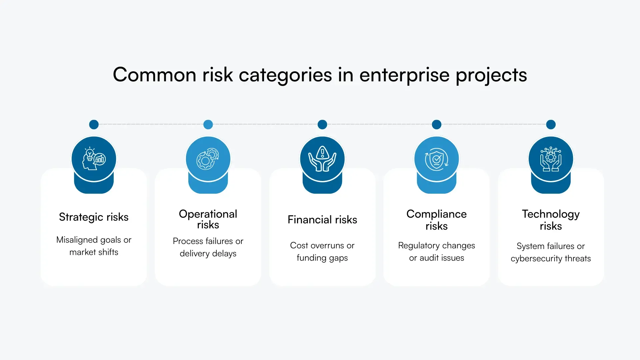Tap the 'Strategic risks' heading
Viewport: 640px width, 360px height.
[x=94, y=217]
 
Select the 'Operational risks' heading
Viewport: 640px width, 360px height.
[x=208, y=219]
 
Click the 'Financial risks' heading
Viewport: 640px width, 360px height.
[x=322, y=220]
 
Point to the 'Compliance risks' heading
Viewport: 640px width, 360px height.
[x=436, y=220]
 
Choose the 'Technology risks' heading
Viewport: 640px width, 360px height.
[x=551, y=220]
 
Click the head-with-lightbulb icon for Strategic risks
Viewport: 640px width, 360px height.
[x=94, y=159]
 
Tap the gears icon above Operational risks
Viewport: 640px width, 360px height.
[x=208, y=159]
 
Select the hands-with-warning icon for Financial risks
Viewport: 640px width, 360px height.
[x=322, y=159]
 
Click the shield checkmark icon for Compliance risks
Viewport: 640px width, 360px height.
[x=436, y=159]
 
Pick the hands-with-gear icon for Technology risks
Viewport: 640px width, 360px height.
[x=551, y=159]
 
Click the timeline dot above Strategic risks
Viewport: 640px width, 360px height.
[x=94, y=125]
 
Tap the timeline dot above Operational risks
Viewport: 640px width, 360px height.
[x=208, y=125]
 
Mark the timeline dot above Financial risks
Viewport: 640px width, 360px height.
[x=322, y=125]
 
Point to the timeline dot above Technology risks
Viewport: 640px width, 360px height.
[x=551, y=125]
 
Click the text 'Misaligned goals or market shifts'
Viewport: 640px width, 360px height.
[x=94, y=246]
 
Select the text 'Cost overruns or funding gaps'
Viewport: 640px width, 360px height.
[x=322, y=251]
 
